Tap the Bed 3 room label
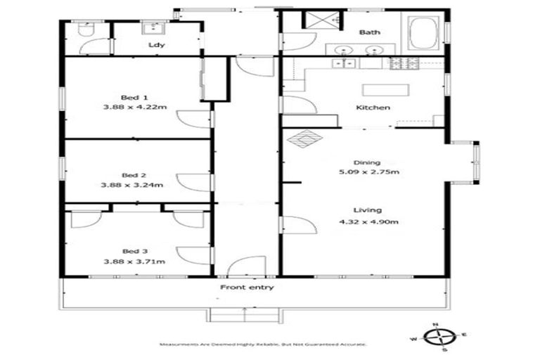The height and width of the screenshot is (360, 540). tap(134, 251)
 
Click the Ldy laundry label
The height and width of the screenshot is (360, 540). tap(156, 46)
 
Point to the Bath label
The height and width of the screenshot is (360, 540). tap(370, 32)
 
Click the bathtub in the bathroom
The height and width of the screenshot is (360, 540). tap(423, 32)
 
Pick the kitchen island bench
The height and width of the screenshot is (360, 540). tap(385, 89)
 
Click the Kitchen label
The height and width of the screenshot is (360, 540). tap(373, 108)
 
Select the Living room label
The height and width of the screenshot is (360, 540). tap(368, 210)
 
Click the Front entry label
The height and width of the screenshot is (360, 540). tap(247, 288)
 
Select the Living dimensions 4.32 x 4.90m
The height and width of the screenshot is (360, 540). tap(368, 224)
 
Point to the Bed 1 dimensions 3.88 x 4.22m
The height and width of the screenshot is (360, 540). tap(134, 108)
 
